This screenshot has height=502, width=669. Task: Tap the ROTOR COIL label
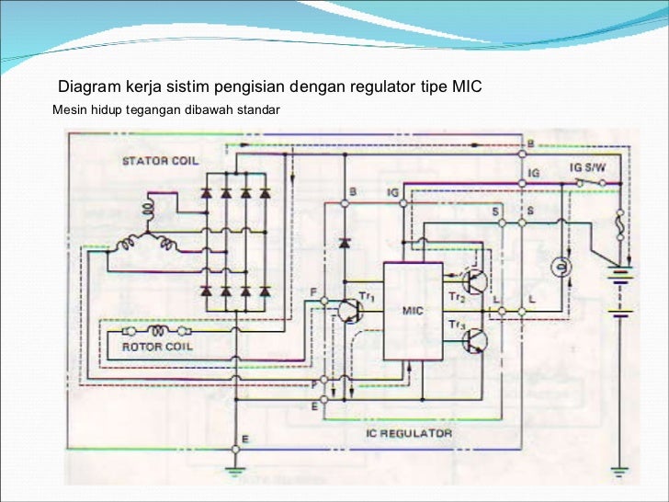click(157, 347)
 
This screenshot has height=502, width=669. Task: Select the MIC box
click(412, 311)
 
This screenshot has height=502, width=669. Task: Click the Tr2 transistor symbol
click(475, 282)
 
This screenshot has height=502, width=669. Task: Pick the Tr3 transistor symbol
click(475, 342)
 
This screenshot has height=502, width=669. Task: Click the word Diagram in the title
click(87, 88)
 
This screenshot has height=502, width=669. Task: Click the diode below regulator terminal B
click(344, 244)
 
